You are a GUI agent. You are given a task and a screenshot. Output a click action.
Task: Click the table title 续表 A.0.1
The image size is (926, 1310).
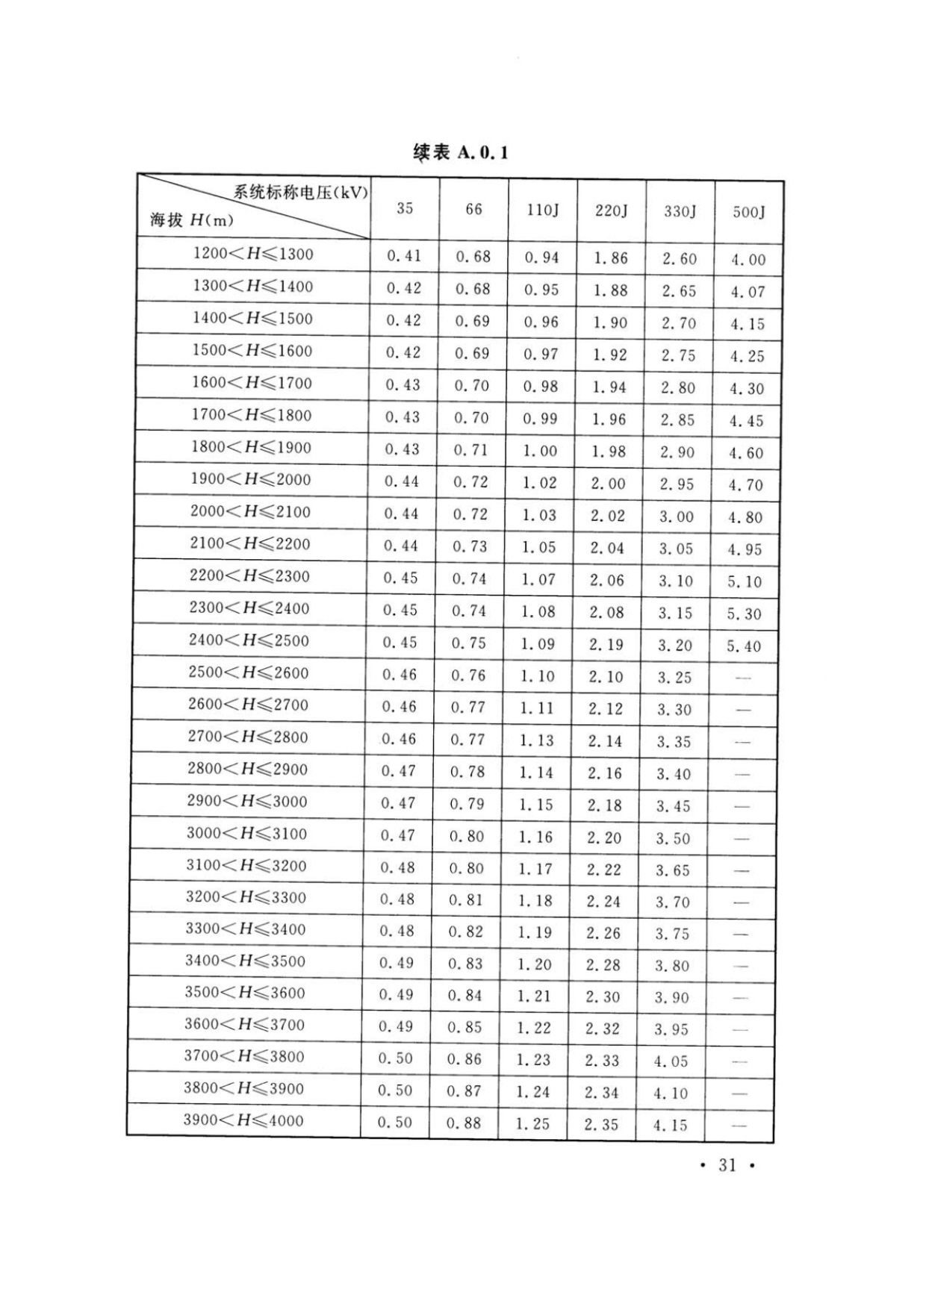[460, 153]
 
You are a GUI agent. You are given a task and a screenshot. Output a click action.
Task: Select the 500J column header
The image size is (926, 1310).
[748, 212]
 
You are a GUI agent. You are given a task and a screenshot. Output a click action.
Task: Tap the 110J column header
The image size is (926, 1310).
[542, 210]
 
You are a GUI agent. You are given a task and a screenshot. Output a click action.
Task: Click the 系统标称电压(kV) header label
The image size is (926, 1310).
[300, 192]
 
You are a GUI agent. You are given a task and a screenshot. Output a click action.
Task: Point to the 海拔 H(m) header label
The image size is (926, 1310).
[192, 220]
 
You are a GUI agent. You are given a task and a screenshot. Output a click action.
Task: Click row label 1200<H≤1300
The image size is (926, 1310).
[253, 254]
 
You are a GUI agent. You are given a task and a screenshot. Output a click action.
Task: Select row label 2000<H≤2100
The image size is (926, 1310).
[250, 512]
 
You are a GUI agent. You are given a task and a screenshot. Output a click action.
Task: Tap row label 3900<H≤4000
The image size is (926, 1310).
[243, 1120]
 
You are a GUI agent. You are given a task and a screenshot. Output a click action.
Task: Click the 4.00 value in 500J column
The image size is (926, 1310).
[748, 260]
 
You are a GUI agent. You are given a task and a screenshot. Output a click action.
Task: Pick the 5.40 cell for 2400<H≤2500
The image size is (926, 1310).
[744, 646]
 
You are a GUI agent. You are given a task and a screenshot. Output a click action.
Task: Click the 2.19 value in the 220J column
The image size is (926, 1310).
[606, 644]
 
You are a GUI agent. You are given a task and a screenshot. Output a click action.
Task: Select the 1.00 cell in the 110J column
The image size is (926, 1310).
[539, 451]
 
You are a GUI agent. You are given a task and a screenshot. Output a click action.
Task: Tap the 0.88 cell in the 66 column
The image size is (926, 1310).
[464, 1123]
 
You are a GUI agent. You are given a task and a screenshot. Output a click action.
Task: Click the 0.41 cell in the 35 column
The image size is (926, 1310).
[404, 256]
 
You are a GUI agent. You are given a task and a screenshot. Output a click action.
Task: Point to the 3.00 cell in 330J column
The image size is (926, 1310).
[676, 517]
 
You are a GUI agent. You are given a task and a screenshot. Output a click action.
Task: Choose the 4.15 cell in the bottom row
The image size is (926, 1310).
[670, 1125]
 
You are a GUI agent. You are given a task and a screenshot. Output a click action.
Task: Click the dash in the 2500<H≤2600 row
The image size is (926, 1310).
[742, 678]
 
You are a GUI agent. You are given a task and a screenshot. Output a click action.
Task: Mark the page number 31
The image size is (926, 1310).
[727, 1165]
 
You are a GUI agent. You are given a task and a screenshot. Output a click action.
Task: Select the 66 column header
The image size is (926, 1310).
[473, 210]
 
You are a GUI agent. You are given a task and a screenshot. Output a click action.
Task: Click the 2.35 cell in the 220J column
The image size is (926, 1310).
[601, 1124]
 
